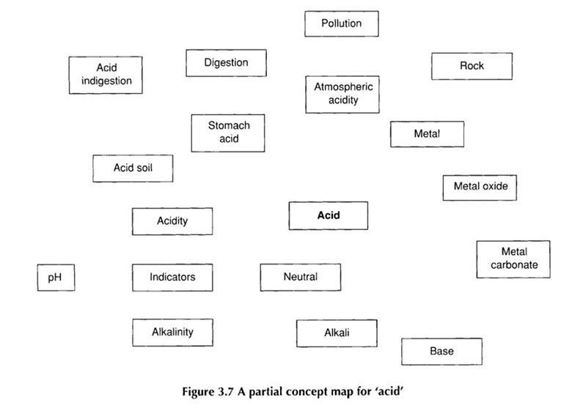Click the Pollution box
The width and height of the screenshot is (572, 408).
click(x=342, y=23)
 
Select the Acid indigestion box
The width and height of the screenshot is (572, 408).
click(x=106, y=75)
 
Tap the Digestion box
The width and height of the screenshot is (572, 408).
click(x=226, y=63)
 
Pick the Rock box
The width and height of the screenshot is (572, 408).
click(x=472, y=66)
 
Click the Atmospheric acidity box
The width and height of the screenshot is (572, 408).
click(x=342, y=94)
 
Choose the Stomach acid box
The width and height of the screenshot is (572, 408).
click(x=228, y=133)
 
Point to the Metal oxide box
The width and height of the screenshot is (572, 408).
click(x=480, y=187)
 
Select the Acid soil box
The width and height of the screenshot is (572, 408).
click(x=133, y=168)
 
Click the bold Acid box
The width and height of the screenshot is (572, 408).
click(x=329, y=216)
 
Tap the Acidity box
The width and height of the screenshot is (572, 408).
click(x=172, y=221)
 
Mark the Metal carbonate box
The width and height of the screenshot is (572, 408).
click(x=514, y=259)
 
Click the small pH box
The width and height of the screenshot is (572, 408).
click(x=56, y=278)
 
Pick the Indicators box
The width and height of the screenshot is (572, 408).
click(x=172, y=278)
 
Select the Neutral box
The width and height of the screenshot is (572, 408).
click(x=301, y=278)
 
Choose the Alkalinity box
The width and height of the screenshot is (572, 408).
click(x=172, y=332)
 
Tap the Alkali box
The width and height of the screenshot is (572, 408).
click(x=337, y=333)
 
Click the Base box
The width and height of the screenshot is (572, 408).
click(x=441, y=352)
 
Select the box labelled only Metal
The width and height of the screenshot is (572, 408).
click(x=427, y=135)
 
